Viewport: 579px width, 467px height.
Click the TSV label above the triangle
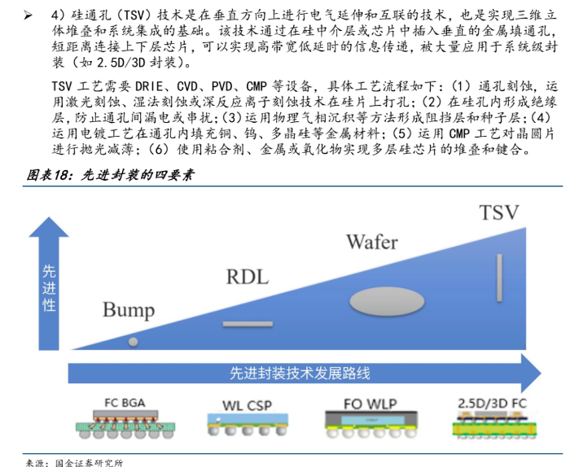[x=499, y=213]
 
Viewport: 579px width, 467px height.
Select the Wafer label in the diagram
[x=372, y=242]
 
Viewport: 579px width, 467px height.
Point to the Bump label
[x=129, y=309]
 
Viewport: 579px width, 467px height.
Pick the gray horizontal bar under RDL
[x=248, y=324]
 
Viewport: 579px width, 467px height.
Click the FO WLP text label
[x=362, y=401]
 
